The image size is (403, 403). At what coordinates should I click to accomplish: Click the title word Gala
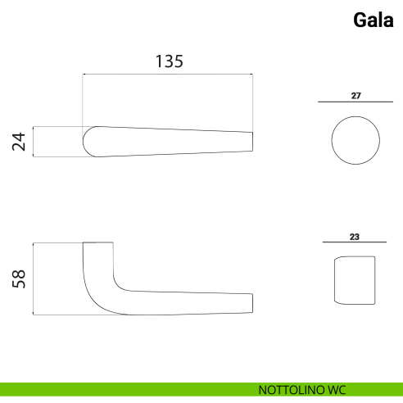(x=374, y=20)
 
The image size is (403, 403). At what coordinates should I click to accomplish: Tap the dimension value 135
(x=170, y=61)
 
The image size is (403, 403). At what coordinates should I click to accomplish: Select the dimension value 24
(x=19, y=142)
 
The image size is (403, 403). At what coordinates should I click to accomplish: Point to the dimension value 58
(x=19, y=278)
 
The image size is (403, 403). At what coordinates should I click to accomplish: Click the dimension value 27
(x=356, y=96)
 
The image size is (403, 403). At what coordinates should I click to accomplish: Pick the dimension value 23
(x=355, y=237)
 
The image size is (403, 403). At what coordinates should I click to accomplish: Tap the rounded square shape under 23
(x=335, y=280)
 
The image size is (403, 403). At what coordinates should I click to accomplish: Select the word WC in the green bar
(x=337, y=390)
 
